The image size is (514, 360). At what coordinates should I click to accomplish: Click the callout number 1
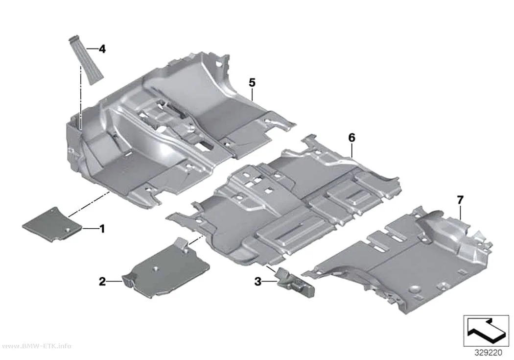102,229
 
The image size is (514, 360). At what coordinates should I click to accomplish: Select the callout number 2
102,281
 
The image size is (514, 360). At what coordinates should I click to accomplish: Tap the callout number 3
258,281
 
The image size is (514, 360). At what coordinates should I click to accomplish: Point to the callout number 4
102,49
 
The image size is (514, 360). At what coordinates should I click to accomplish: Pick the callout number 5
252,83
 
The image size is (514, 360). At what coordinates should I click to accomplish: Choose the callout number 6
351,138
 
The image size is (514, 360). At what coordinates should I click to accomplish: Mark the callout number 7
460,200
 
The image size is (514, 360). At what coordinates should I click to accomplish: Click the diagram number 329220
488,353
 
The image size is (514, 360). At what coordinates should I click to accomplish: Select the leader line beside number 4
93,49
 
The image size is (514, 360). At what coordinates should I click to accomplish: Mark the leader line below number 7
460,212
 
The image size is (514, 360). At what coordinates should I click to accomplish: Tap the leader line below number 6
351,149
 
